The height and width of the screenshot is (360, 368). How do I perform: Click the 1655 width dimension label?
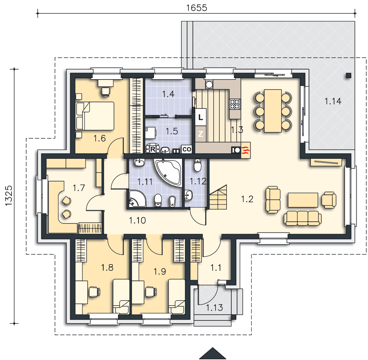[x=196, y=8]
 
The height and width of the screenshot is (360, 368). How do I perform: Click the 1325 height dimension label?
[x=9, y=196]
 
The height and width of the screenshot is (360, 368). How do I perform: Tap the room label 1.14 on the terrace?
[x=333, y=101]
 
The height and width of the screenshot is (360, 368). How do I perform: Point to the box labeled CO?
[x=187, y=149]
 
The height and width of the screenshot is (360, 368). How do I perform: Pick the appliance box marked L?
[x=201, y=117]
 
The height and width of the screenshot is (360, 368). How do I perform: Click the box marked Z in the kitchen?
[x=201, y=134]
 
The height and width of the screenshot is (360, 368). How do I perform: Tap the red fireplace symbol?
[x=246, y=150]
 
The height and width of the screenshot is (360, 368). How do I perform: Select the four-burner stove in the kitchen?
[x=235, y=104]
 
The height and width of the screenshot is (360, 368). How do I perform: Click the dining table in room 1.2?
[x=273, y=111]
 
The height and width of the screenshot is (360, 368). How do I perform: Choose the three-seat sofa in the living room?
[x=303, y=218]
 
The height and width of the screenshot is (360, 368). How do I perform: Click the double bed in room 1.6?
[x=95, y=116]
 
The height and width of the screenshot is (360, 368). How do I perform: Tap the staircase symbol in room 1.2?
[x=218, y=197]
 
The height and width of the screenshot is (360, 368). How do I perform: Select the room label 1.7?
[x=79, y=188]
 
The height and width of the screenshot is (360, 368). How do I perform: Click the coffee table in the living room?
[x=303, y=200]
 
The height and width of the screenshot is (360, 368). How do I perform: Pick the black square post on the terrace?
[x=349, y=75]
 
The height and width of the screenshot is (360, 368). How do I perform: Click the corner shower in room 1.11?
[x=137, y=199]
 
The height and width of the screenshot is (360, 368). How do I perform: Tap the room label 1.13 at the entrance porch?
[x=214, y=307]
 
